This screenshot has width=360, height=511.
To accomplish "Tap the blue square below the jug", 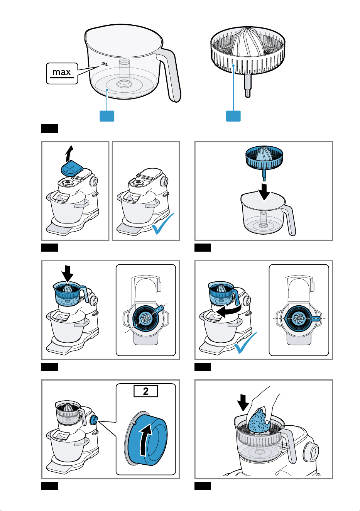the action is (x=107, y=116).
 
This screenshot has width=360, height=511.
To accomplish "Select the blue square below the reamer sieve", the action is (x=233, y=116).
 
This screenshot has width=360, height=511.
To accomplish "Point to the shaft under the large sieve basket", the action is (x=248, y=86).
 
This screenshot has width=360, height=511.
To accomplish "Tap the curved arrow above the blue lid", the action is (x=69, y=153).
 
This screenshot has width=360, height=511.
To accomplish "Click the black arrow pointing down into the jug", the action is (x=264, y=192).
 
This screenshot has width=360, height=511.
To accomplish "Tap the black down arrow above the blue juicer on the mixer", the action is (x=67, y=273).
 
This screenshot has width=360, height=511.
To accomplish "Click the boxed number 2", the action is (x=145, y=391).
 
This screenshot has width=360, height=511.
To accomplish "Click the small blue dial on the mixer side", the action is (x=94, y=420).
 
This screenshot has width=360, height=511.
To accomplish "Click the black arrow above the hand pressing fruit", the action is (x=243, y=403).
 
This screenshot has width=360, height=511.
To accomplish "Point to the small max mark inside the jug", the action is (x=104, y=64).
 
